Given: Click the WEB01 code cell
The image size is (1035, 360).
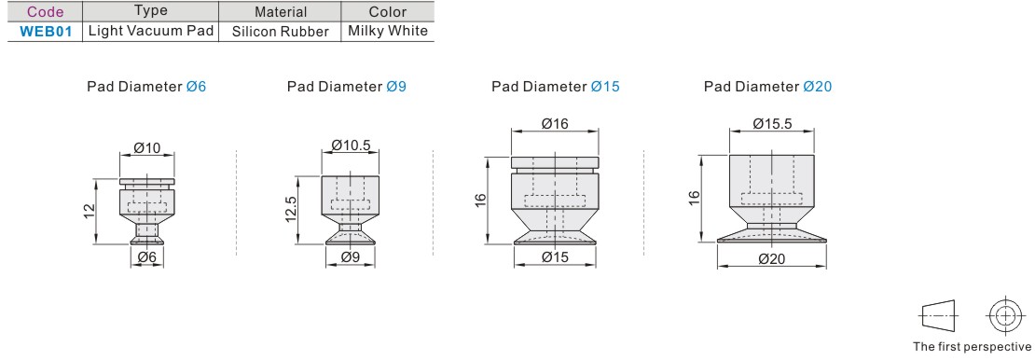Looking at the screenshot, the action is click(x=45, y=31).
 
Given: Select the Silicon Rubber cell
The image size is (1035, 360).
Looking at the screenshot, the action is click(x=281, y=32).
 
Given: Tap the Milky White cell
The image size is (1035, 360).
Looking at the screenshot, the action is click(x=388, y=31).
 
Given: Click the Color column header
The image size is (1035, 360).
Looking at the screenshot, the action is click(x=388, y=11).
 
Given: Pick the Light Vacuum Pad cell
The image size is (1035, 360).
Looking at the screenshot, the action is click(x=152, y=31).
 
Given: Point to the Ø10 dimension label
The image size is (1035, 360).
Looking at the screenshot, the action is click(x=147, y=148).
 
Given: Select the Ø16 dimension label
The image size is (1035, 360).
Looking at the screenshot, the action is click(x=555, y=123).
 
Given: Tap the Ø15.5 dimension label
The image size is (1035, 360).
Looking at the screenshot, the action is click(x=772, y=123).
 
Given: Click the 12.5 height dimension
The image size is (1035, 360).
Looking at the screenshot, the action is click(x=293, y=209).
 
